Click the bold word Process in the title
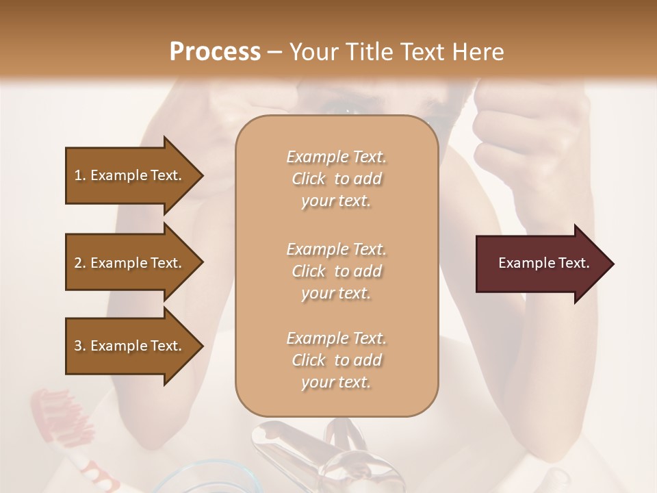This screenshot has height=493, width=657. pyautogui.click(x=215, y=51)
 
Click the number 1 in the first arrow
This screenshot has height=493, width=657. pyautogui.click(x=78, y=175)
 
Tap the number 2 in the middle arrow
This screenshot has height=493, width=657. pyautogui.click(x=78, y=263)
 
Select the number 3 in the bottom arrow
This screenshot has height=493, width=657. pyautogui.click(x=78, y=346)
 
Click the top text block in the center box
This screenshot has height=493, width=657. pyautogui.click(x=336, y=179)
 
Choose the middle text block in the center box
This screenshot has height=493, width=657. pyautogui.click(x=336, y=270)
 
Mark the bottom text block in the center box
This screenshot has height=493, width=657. pyautogui.click(x=336, y=360)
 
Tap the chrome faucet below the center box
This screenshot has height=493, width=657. pyautogui.click(x=287, y=445)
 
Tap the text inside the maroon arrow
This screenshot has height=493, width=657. pyautogui.click(x=544, y=263)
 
